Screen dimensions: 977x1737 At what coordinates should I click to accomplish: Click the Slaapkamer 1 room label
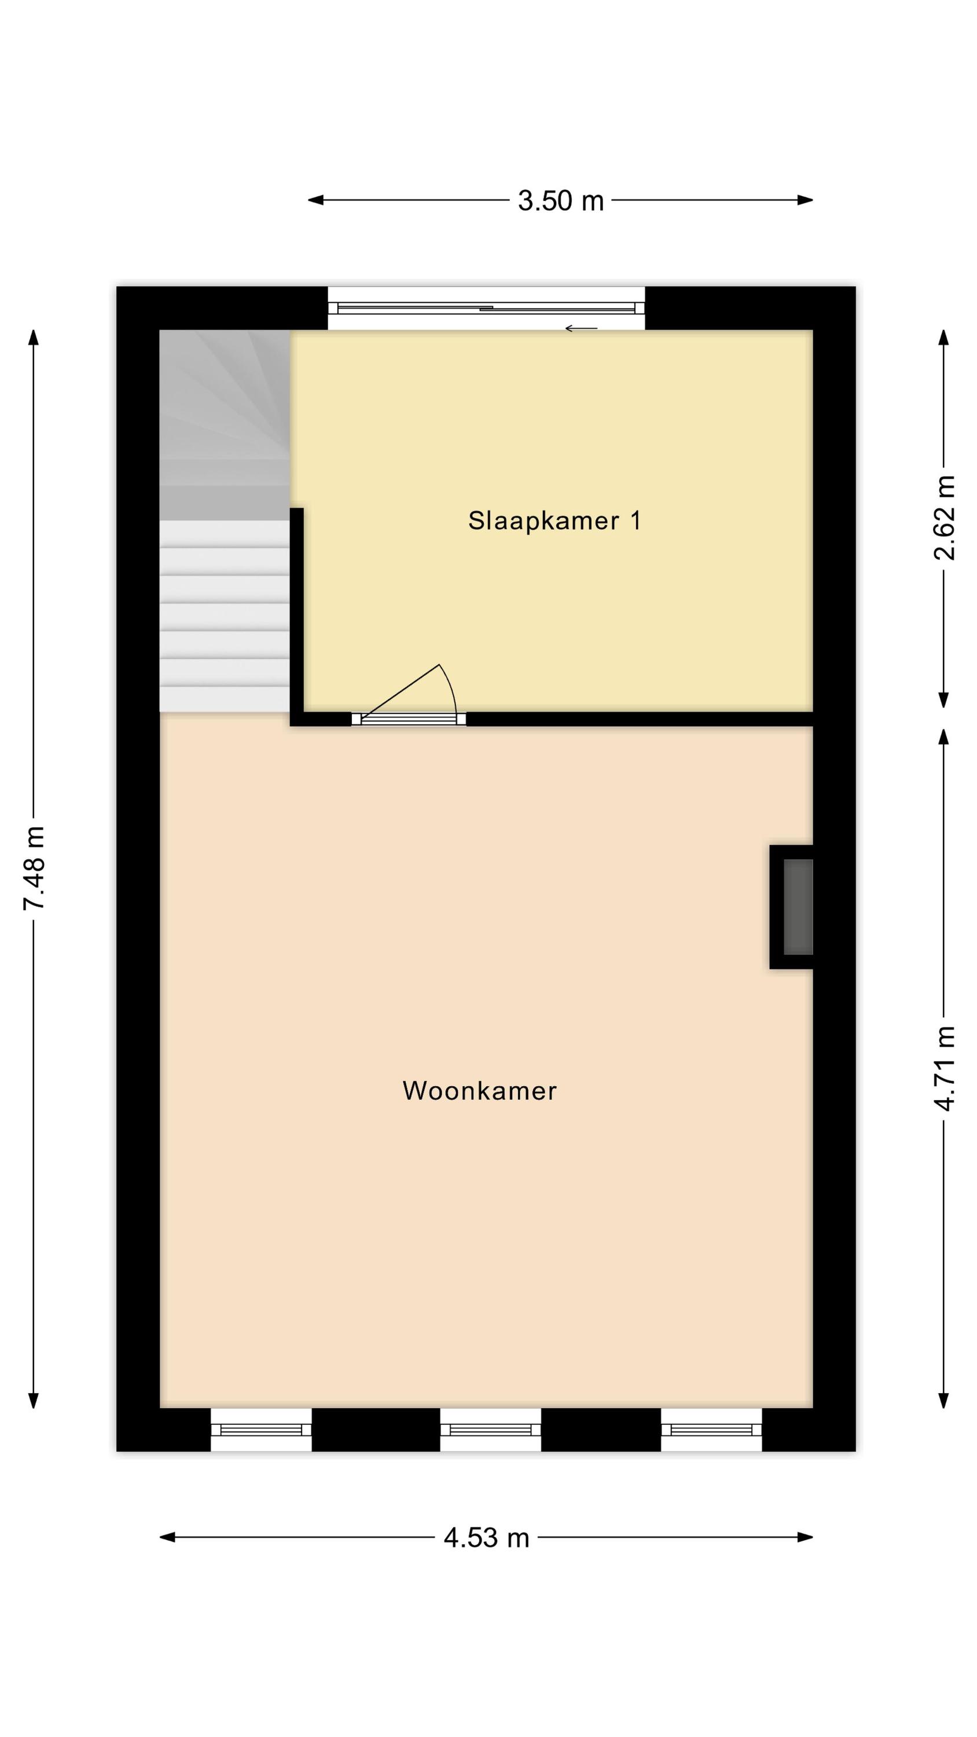pos(554,521)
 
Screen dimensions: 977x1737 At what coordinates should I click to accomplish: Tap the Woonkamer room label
pos(479,1090)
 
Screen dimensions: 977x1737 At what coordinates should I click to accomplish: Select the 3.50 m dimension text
pos(560,201)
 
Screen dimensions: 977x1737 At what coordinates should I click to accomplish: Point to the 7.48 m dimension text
pos(34,868)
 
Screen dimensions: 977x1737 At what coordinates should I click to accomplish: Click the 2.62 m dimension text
pos(944,518)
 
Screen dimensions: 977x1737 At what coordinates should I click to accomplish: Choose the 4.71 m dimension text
pos(944,1069)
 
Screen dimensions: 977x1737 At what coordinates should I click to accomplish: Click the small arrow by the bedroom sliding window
pos(581,328)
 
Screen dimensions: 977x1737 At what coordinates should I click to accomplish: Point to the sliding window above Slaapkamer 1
pos(486,308)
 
